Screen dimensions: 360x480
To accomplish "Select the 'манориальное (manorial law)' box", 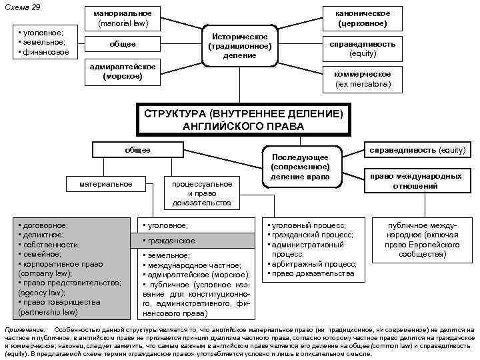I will point(123,19).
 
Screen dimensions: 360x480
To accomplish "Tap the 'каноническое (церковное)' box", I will point(363,19).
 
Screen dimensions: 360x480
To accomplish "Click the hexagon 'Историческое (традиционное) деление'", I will point(239,45).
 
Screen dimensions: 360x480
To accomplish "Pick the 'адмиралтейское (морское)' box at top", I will point(123,71).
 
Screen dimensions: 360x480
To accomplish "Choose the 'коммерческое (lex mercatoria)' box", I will point(363,79).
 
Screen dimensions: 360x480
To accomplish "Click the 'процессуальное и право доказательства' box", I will point(202,193).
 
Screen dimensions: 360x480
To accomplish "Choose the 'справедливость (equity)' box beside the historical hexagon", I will point(363,49).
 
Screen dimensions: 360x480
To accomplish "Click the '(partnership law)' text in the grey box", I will point(48,311).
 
